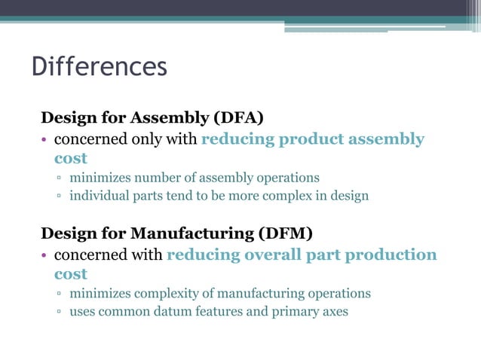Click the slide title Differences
pyautogui.click(x=99, y=67)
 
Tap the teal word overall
pyautogui.click(x=274, y=255)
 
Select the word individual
pyautogui.click(x=98, y=197)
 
